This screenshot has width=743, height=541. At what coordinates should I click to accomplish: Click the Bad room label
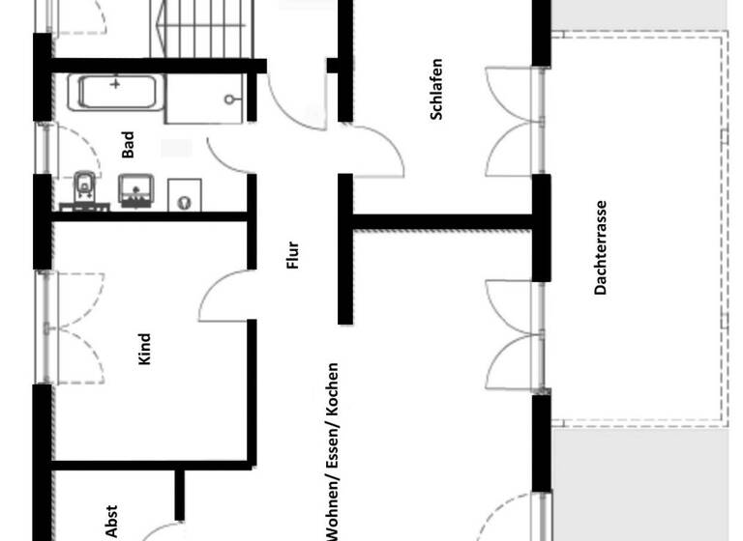(x=129, y=145)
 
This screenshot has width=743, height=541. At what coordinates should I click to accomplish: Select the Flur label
(x=294, y=255)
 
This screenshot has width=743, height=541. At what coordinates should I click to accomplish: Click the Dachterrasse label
(x=601, y=247)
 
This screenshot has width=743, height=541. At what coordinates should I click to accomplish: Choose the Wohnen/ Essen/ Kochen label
(x=333, y=450)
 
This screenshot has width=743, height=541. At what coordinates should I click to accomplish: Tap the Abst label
(x=112, y=521)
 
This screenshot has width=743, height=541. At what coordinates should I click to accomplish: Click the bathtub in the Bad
(x=118, y=93)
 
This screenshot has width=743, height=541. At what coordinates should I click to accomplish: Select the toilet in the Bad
(x=84, y=185)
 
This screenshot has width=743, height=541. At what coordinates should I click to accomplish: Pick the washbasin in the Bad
(x=135, y=188)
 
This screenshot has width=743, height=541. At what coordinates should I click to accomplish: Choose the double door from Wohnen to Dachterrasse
(x=510, y=333)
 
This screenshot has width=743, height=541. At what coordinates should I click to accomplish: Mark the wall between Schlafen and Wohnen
(x=440, y=222)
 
